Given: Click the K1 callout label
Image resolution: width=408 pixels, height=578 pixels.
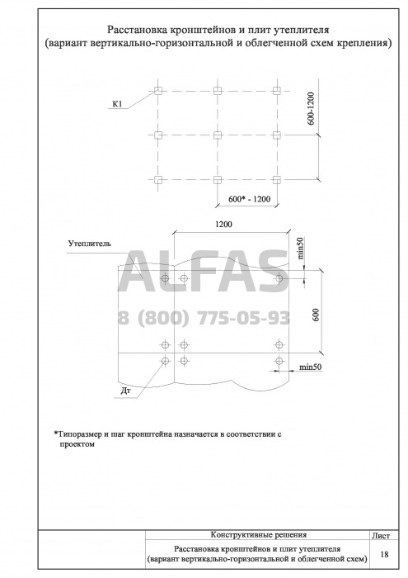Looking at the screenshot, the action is (x=117, y=104).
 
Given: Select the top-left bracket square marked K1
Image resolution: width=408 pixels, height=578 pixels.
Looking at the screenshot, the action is (x=157, y=91).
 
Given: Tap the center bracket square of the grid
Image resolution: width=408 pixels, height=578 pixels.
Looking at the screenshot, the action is (x=218, y=135).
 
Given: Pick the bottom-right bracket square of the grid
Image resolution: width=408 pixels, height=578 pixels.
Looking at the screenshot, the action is (x=277, y=180).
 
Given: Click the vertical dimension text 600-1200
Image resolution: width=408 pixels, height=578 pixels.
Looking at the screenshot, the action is (x=312, y=108).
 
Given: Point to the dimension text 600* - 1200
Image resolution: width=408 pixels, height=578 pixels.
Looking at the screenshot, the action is (x=249, y=200).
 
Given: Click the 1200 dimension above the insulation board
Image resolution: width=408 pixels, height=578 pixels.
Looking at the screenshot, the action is (x=223, y=224).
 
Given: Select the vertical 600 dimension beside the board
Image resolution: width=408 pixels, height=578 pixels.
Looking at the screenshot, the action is (x=317, y=314).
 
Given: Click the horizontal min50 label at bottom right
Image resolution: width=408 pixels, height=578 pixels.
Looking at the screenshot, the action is (x=311, y=367).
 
